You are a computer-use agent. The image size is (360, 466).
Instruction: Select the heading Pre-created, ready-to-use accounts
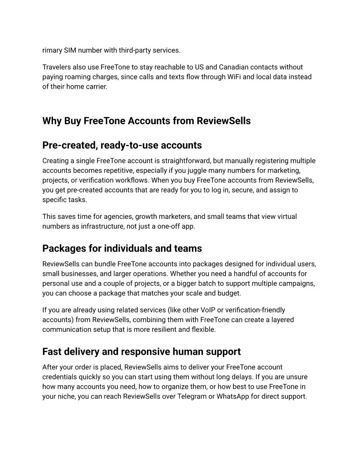[x=122, y=145]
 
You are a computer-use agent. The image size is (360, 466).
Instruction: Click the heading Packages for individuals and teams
[x=122, y=248]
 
